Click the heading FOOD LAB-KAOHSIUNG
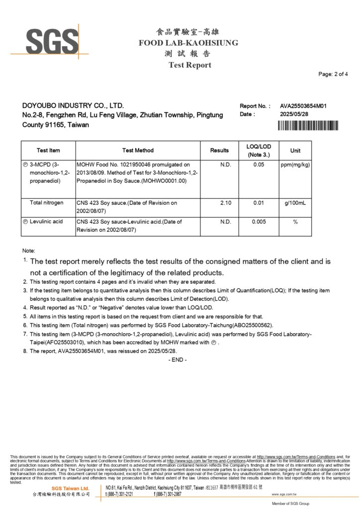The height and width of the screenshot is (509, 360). [x=188, y=43]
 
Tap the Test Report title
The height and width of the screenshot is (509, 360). [x=189, y=65]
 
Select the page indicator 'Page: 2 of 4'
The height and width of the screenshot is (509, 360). [x=333, y=74]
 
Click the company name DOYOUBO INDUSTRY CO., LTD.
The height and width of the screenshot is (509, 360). [x=73, y=105]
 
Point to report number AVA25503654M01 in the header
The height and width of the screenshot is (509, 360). [x=303, y=106]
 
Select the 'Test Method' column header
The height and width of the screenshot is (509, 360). [x=138, y=150]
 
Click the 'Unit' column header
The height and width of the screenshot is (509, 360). [x=295, y=150]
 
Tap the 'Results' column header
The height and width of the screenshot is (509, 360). [x=219, y=150]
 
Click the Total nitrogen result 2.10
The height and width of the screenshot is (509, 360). [x=226, y=203]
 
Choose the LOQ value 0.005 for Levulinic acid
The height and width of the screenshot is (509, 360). [x=258, y=222]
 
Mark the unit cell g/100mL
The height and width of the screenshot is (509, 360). [x=295, y=203]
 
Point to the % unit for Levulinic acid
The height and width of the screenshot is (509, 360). [x=295, y=222]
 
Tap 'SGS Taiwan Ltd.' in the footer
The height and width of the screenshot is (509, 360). [x=70, y=488]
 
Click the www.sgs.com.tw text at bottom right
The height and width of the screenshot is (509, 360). [x=284, y=494]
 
